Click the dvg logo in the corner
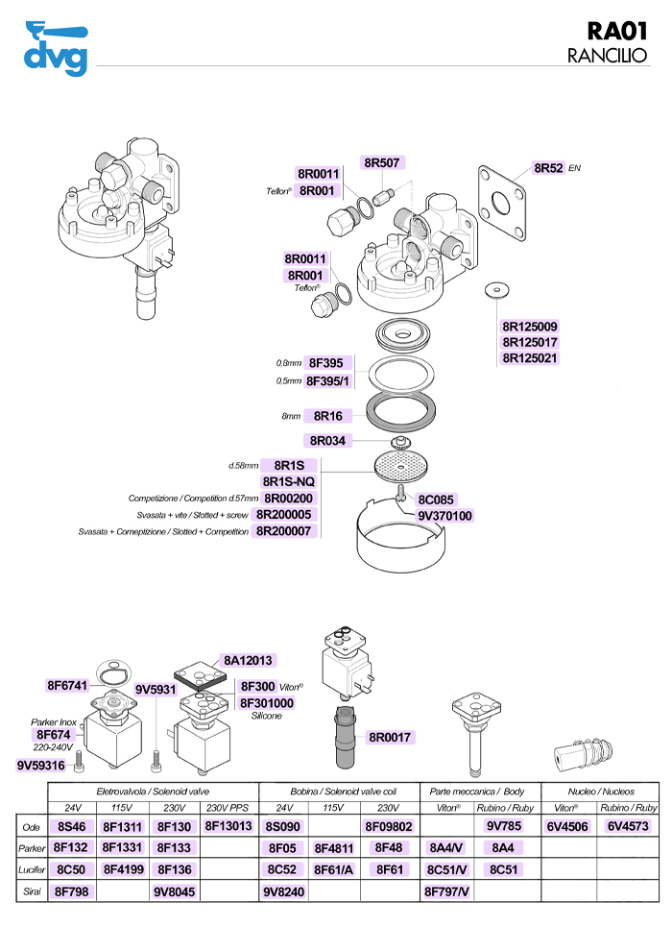[54, 48]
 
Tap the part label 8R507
[382, 162]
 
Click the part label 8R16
[328, 417]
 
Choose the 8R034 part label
[328, 440]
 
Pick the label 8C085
[436, 500]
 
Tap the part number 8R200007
[284, 531]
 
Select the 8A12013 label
[249, 661]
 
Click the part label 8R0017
[390, 738]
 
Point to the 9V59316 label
[41, 766]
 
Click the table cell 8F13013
[228, 826]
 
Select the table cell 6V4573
[628, 826]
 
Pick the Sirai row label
[31, 892]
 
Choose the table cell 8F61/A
[334, 870]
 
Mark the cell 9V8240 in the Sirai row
[284, 892]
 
